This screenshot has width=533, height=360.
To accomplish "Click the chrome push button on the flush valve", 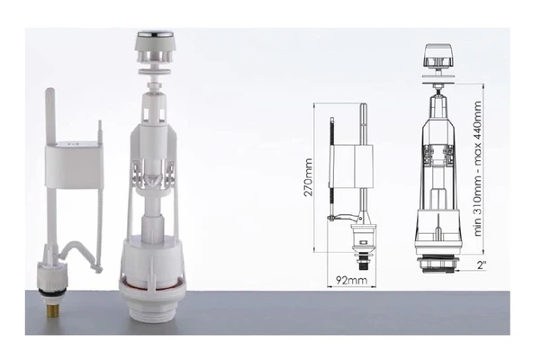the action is click(x=155, y=34).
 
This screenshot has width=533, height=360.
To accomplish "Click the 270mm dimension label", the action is click(x=308, y=177).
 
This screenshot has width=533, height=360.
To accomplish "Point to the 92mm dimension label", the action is click(x=351, y=280).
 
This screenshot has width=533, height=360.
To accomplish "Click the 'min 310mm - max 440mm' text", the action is click(x=477, y=168).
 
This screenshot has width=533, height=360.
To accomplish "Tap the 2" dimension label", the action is click(x=482, y=265).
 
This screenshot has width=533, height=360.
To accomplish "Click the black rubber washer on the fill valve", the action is click(x=52, y=292).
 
